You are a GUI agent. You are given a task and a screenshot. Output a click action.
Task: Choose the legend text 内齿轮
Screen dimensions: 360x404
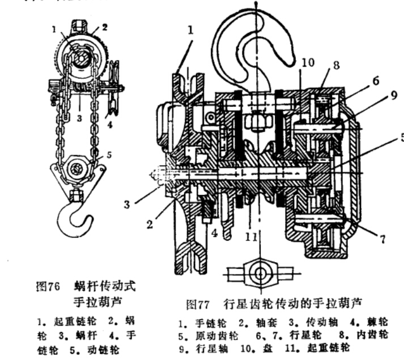[x=369, y=335]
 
